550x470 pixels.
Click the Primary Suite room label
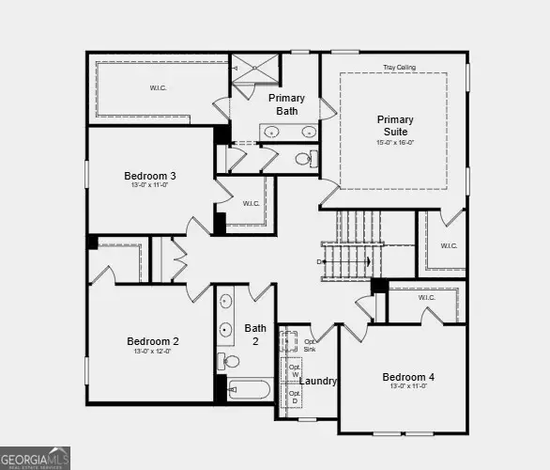395,125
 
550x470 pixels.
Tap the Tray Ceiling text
399,68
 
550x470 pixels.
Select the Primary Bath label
286,104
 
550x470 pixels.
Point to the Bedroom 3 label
150,176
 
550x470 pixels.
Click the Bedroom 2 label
152,341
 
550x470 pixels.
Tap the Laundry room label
318,381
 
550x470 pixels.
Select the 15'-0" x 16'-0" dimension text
395,143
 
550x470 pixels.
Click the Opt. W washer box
294,368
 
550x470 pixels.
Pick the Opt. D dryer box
294,397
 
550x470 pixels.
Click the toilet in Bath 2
228,361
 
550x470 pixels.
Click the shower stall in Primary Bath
255,69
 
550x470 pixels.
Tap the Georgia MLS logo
36,457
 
